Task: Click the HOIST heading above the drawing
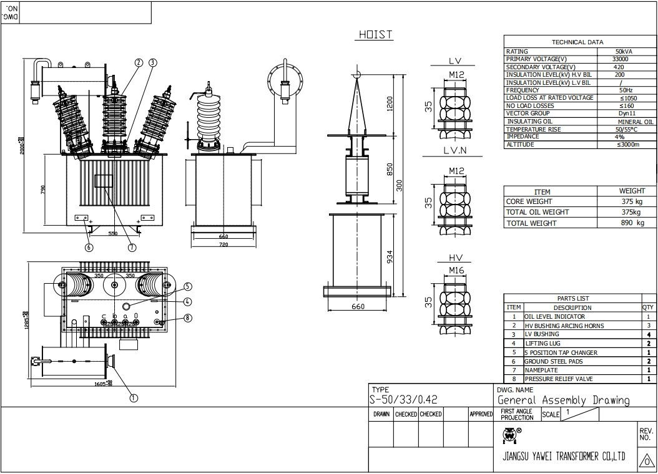click(x=375, y=35)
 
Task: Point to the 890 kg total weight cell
click(x=632, y=223)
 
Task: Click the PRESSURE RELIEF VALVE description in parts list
click(x=558, y=379)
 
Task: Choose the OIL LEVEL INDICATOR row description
click(x=554, y=317)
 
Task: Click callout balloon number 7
click(x=132, y=247)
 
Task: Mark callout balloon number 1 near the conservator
click(x=133, y=397)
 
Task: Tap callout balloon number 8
click(x=188, y=317)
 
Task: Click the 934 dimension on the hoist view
click(x=390, y=256)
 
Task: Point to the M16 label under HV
click(x=456, y=270)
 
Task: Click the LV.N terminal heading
click(x=454, y=150)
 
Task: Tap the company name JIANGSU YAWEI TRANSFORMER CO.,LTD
click(x=564, y=456)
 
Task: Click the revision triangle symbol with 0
click(x=646, y=461)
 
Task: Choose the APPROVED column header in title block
click(x=481, y=414)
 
